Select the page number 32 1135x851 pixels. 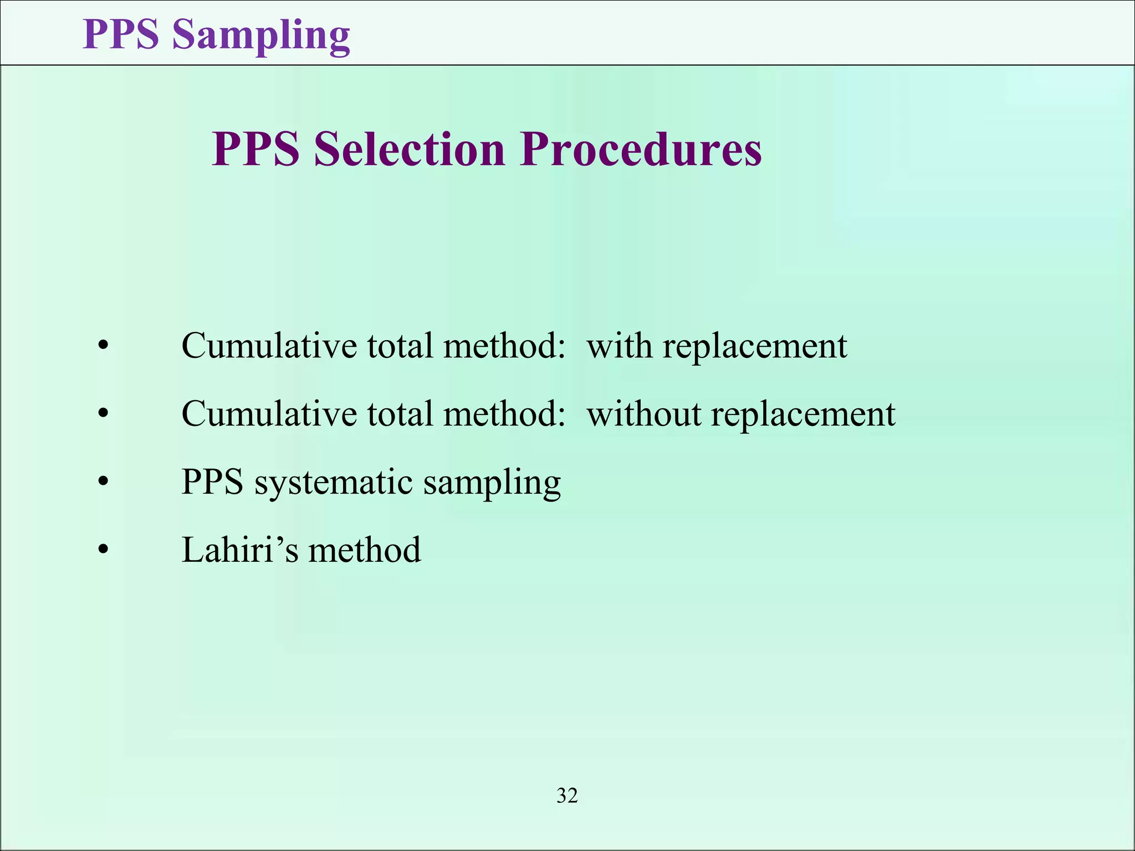coord(567,796)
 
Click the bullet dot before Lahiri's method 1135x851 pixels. coord(103,550)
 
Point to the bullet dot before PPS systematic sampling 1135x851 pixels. coord(103,482)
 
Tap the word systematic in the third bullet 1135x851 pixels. coord(333,482)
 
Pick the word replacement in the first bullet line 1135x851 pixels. coord(755,347)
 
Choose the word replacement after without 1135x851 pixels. coord(802,414)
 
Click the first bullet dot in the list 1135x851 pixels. coord(103,346)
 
